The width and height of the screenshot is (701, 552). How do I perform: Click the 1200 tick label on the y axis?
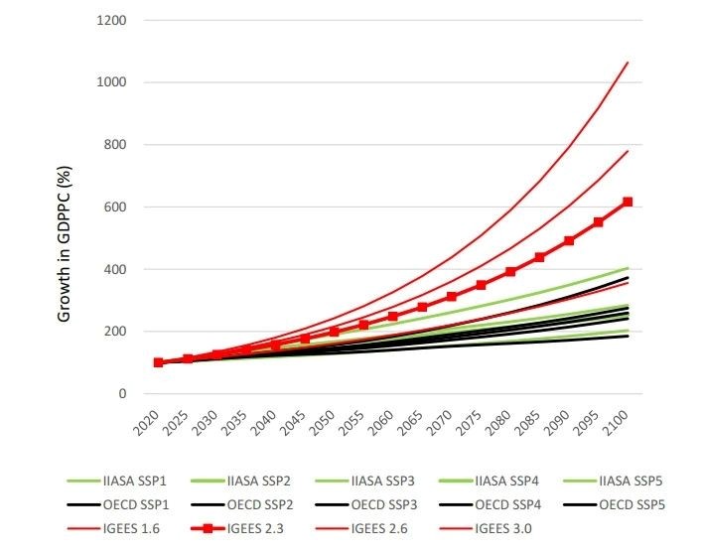(x=112, y=20)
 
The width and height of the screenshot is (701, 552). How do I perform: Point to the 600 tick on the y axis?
(x=116, y=207)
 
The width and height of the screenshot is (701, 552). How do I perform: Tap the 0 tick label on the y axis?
(x=123, y=394)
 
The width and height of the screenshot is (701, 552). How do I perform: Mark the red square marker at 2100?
(x=628, y=202)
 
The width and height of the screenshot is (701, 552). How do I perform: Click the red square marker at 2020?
(x=158, y=362)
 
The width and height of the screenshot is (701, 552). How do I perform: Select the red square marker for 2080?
(x=510, y=272)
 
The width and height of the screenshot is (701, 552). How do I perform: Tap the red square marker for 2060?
(x=393, y=317)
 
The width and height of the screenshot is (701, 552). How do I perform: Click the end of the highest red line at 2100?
(x=628, y=63)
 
